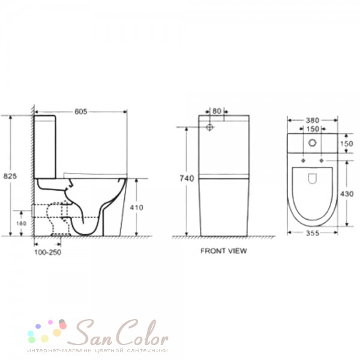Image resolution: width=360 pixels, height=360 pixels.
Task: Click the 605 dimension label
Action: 81,112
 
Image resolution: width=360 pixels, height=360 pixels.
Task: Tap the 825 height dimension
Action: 10,176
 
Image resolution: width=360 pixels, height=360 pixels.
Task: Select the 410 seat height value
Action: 136,208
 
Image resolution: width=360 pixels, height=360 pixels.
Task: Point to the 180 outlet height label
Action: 22,223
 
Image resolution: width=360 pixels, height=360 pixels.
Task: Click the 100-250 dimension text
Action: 48,253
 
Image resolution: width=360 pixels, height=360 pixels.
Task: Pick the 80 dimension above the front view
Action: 217,111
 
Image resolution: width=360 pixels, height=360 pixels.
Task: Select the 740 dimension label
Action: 187,178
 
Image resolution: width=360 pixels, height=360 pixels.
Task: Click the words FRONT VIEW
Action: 224,251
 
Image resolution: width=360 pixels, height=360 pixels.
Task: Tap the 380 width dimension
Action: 313,121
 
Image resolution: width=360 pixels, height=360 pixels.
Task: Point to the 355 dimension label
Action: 313,233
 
